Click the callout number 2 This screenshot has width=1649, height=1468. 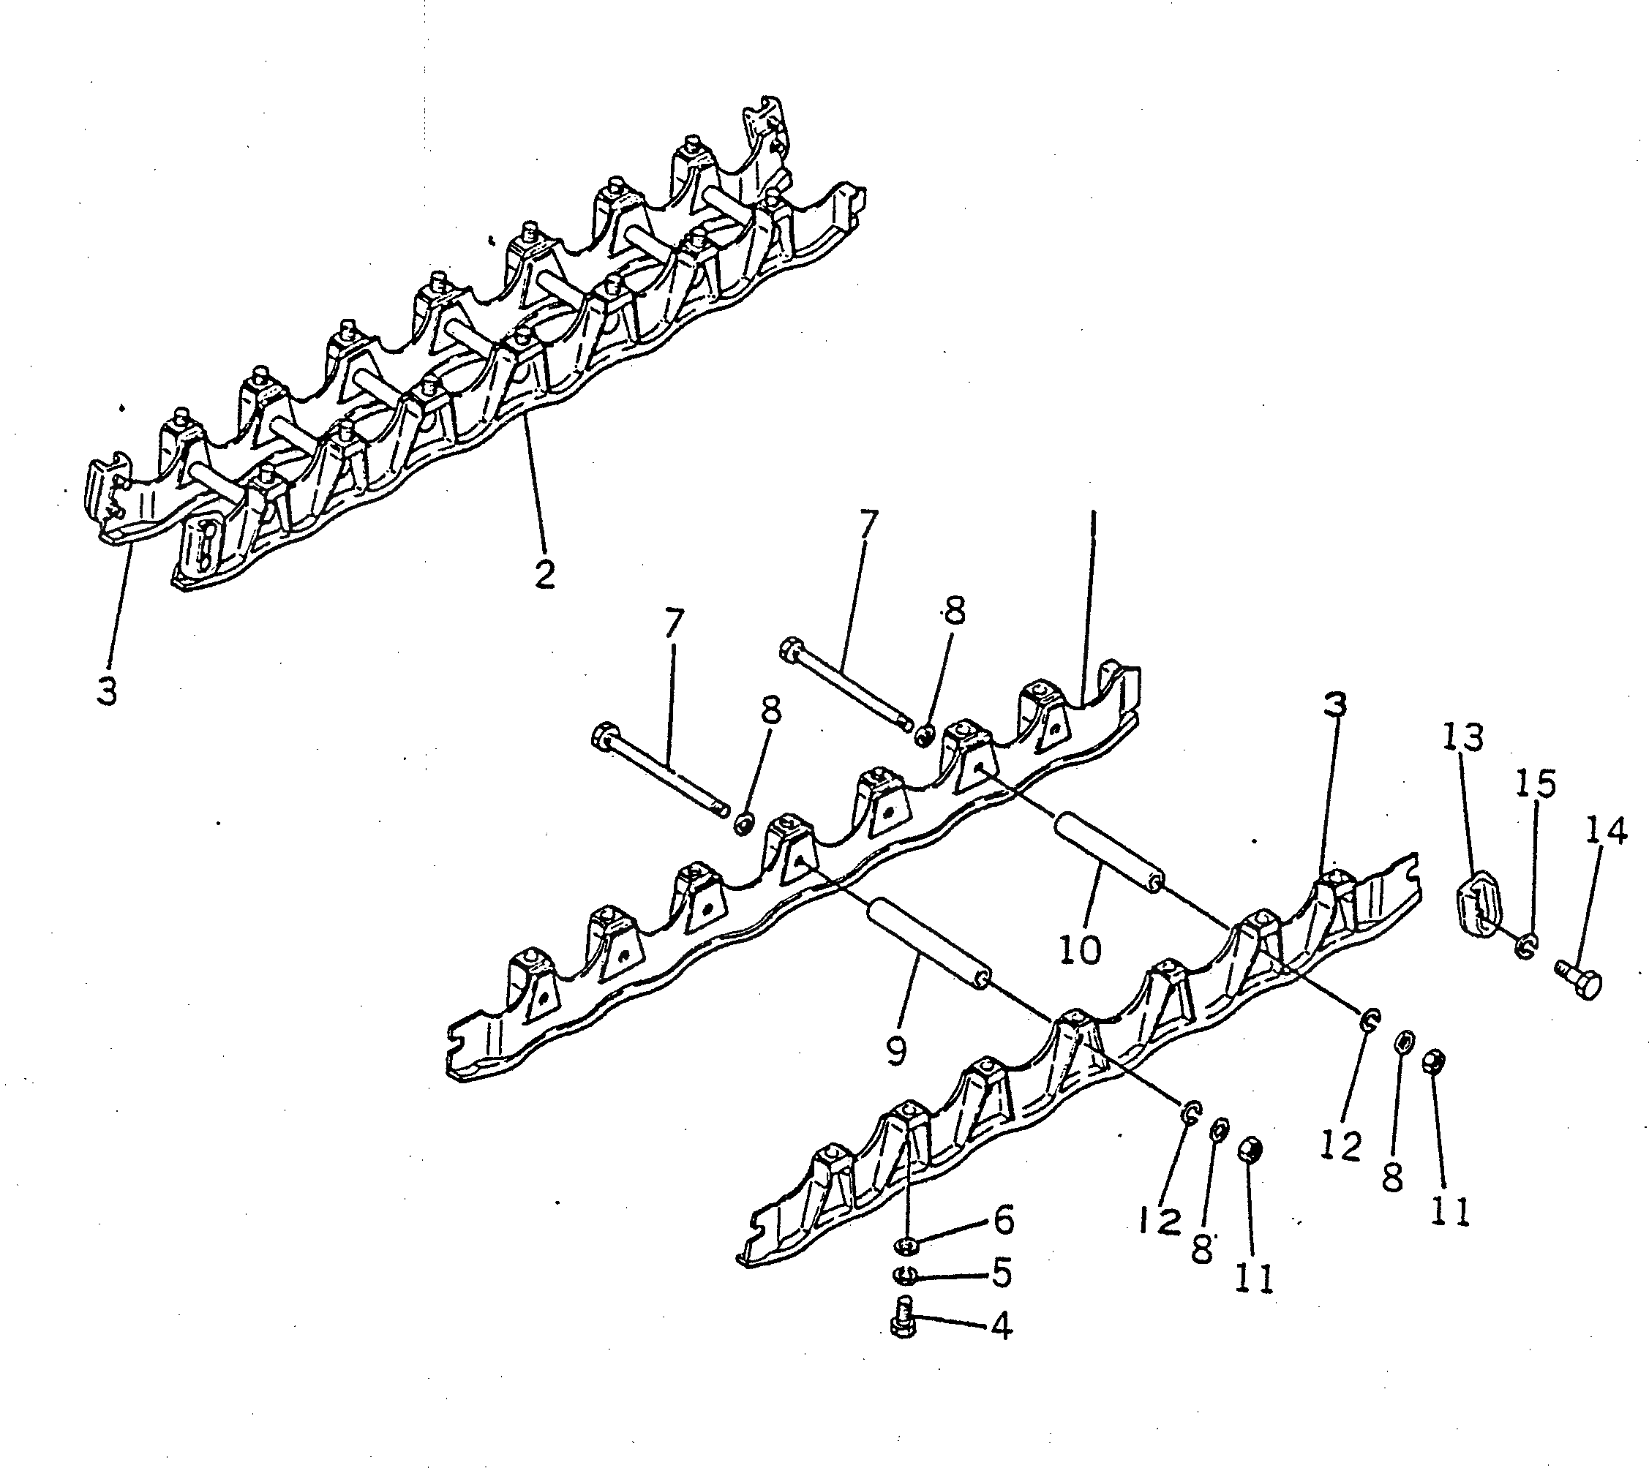click(544, 573)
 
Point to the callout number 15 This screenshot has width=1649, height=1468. click(1534, 785)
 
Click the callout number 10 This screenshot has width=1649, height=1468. click(1079, 951)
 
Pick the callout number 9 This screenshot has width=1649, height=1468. click(896, 1051)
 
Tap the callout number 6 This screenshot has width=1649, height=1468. click(1003, 1222)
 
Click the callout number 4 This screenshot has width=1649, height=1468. click(1000, 1325)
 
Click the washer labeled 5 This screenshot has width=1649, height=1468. click(905, 1275)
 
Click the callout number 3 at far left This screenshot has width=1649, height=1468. click(107, 690)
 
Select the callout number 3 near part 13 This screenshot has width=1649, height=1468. click(1334, 707)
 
